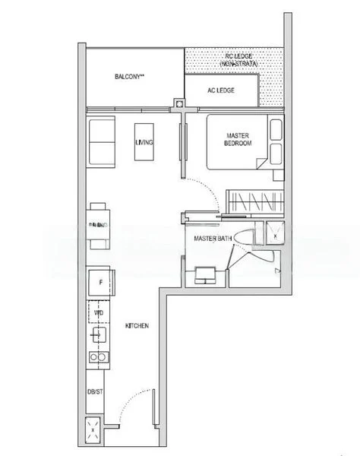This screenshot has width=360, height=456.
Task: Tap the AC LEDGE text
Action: pos(221,90)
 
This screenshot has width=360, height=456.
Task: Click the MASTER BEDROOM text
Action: pos(238,140)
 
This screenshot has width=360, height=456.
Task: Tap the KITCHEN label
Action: pos(137,325)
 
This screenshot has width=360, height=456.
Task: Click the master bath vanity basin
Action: pos(205,274)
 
